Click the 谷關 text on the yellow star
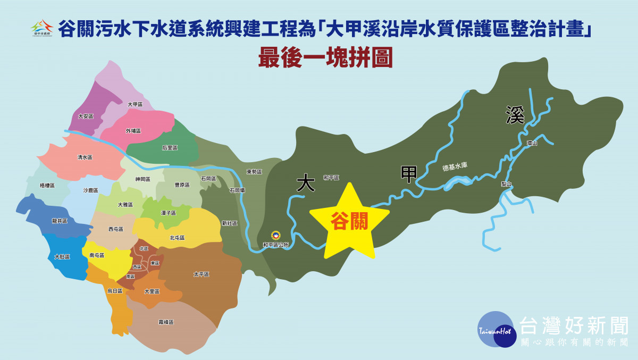[x=349, y=221]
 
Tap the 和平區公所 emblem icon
[x=275, y=236]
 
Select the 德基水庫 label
[x=455, y=167]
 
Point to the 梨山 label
[x=506, y=184]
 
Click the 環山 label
[x=532, y=143]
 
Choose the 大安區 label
[x=86, y=116]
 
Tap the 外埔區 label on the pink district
[x=133, y=130]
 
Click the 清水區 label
[x=85, y=157]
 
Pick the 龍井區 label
[x=60, y=221]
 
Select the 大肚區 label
[x=62, y=257]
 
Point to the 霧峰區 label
[x=166, y=322]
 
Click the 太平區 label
[x=202, y=274]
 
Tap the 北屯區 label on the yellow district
[x=177, y=238]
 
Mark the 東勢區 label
[x=254, y=172]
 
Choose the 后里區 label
[x=170, y=148]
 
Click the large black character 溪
[x=515, y=114]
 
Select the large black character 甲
[x=408, y=174]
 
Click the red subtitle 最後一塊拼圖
[x=325, y=58]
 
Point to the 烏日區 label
[x=115, y=291]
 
